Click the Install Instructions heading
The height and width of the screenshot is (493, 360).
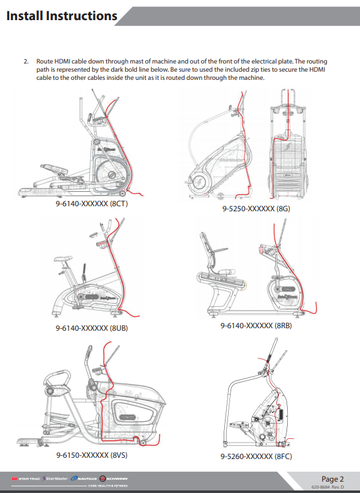(62, 16)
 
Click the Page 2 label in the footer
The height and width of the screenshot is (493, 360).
(332, 479)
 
